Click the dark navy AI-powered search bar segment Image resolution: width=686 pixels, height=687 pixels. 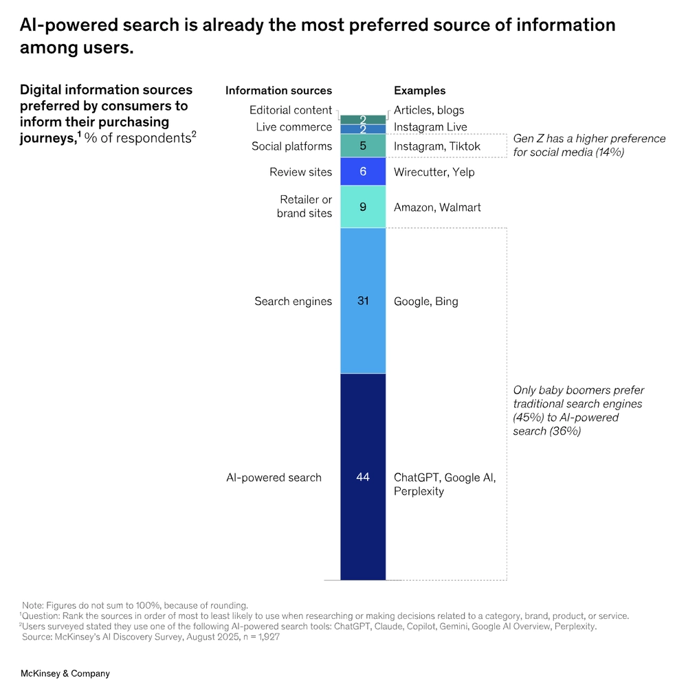363,522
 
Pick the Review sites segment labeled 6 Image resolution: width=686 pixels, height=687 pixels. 363,172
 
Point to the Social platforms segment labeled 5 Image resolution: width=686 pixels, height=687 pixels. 363,146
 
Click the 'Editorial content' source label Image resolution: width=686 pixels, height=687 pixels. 290,110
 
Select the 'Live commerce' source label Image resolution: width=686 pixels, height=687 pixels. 294,127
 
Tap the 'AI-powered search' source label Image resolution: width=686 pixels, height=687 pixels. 274,477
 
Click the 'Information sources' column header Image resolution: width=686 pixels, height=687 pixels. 278,91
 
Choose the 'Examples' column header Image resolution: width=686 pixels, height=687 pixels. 419,91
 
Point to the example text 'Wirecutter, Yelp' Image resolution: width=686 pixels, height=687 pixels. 434,172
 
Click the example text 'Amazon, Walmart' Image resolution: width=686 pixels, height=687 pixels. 437,207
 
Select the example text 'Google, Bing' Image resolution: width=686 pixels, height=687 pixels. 425,302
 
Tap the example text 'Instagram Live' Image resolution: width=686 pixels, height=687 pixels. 430,127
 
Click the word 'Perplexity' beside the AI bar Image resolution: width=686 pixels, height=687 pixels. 419,492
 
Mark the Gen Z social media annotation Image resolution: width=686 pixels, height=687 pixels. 589,146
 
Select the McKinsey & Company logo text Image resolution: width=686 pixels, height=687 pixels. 65,674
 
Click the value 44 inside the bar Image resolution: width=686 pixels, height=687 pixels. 363,477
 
